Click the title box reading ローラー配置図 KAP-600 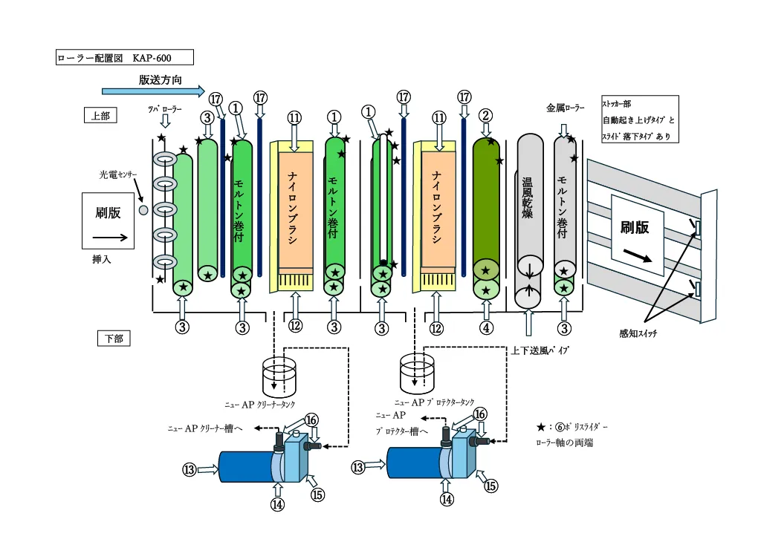click(x=125, y=57)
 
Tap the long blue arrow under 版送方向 click(x=152, y=91)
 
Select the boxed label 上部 click(x=100, y=115)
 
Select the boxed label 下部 click(x=114, y=339)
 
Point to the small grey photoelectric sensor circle click(x=144, y=209)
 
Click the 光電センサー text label click(x=119, y=175)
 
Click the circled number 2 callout click(x=486, y=116)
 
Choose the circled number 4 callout click(x=486, y=327)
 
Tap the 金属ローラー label click(x=565, y=108)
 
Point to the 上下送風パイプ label click(x=540, y=350)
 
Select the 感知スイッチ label click(x=638, y=333)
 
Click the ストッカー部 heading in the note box click(x=617, y=105)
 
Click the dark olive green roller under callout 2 click(x=486, y=200)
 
